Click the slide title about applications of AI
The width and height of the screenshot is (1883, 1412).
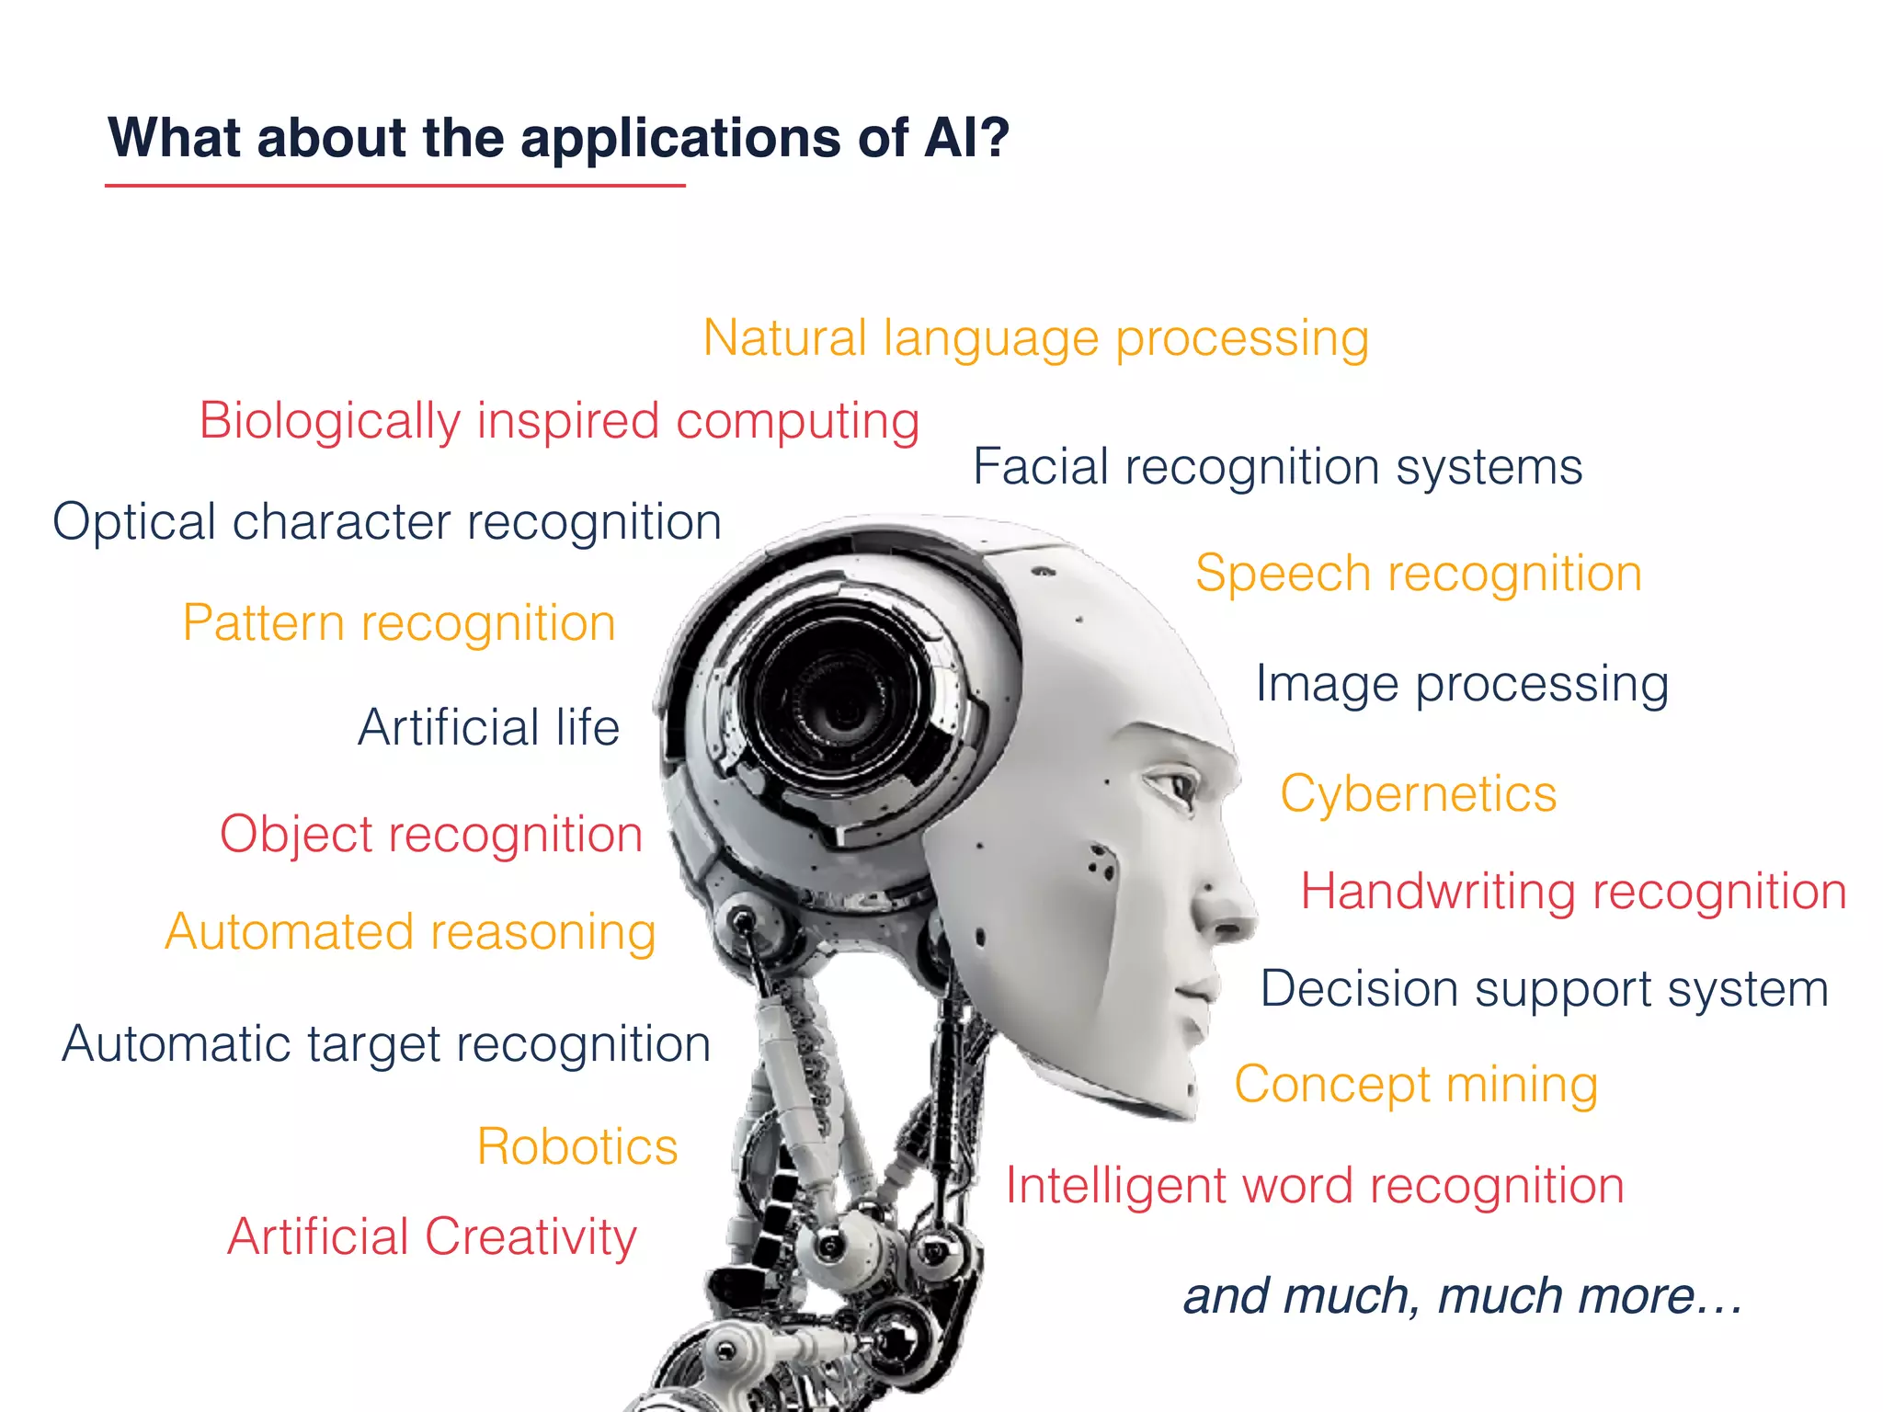tap(558, 138)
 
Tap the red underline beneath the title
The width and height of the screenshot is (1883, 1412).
tap(395, 186)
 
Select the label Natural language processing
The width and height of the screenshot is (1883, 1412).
tap(1035, 338)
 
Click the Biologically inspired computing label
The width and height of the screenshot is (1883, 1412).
tap(559, 421)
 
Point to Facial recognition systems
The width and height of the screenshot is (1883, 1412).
tap(1277, 467)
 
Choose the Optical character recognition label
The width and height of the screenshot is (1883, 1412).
tap(387, 522)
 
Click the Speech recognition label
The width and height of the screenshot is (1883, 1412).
tap(1418, 574)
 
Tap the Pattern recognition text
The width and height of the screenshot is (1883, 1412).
tap(399, 623)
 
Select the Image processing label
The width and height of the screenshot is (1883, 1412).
tap(1462, 684)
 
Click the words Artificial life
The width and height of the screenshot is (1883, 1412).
tap(488, 727)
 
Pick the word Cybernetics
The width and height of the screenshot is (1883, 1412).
tap(1418, 793)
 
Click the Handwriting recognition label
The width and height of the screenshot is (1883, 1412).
tap(1573, 892)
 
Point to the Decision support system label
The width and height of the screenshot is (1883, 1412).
tap(1544, 989)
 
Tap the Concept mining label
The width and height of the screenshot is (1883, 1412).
tap(1416, 1085)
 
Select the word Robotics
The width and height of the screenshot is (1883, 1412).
tap(577, 1146)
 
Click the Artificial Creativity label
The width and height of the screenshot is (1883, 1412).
tap(432, 1236)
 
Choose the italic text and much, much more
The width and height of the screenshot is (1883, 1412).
tap(1462, 1296)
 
